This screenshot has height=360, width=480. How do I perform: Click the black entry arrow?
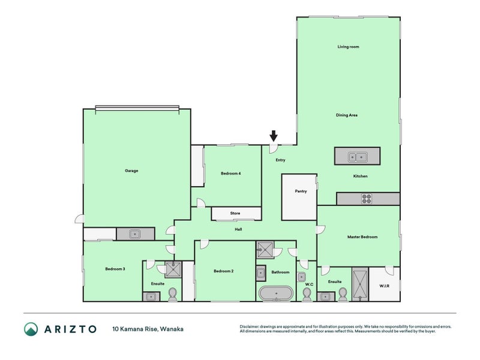[x=274, y=136]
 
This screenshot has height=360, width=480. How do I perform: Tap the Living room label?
[x=348, y=47]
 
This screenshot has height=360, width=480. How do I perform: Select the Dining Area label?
[x=347, y=115]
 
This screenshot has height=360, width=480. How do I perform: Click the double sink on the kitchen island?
[x=357, y=157]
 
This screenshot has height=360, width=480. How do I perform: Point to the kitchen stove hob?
[x=367, y=199]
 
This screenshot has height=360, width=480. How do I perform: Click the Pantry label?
[x=301, y=191]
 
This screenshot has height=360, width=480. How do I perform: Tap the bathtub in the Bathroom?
[x=276, y=293]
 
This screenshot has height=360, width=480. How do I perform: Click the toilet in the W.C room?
[x=307, y=295]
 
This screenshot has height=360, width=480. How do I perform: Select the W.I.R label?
[x=384, y=286]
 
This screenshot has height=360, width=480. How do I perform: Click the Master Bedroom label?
[x=362, y=237]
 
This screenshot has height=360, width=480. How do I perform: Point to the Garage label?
[x=131, y=171]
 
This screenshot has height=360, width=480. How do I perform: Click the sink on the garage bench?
[x=134, y=234]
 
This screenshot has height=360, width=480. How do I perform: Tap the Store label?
[x=235, y=214]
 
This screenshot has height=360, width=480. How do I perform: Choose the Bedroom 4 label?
[x=231, y=173]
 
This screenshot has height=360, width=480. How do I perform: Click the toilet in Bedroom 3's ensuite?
[x=173, y=295]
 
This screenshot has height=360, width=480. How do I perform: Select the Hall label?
[x=238, y=229]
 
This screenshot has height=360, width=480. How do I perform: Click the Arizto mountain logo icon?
[x=31, y=329]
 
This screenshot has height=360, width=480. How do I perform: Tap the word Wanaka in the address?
[x=172, y=329]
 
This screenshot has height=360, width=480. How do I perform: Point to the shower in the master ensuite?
[x=359, y=284]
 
